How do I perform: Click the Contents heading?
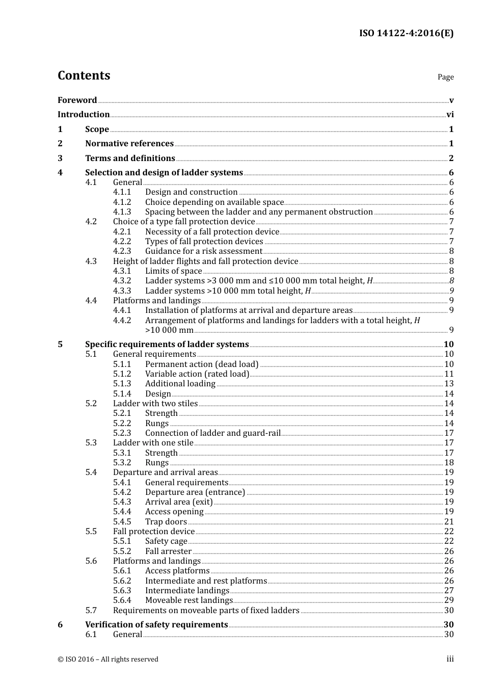click(x=84, y=75)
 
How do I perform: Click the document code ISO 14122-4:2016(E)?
click(x=406, y=34)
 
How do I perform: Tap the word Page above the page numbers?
click(x=445, y=77)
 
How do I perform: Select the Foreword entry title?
click(x=77, y=100)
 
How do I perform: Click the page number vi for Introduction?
click(x=450, y=115)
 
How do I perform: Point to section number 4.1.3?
click(x=122, y=212)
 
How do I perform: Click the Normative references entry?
click(x=129, y=144)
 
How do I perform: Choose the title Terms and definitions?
click(x=130, y=159)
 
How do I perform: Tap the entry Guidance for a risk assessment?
click(x=203, y=251)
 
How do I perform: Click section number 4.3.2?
click(x=122, y=281)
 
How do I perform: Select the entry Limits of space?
click(x=173, y=271)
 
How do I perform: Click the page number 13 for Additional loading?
click(x=449, y=384)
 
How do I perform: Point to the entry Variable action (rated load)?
click(x=197, y=374)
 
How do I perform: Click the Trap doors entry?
click(x=166, y=522)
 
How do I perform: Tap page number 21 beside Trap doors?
click(x=449, y=522)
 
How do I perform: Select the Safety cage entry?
click(x=166, y=541)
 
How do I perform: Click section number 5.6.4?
click(x=122, y=600)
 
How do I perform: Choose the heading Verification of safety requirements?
click(x=156, y=625)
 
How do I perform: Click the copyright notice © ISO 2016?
click(x=108, y=660)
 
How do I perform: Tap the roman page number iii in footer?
click(x=450, y=659)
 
